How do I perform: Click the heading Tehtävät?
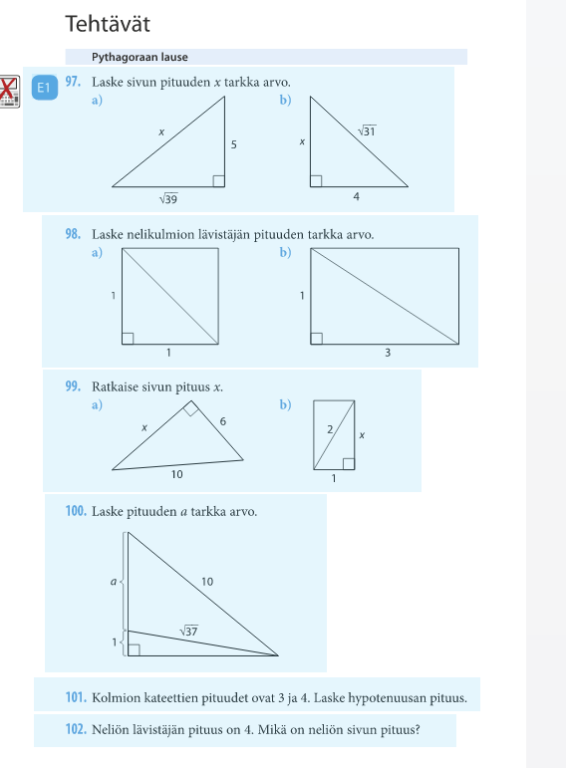pyautogui.click(x=108, y=24)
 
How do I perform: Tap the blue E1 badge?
pyautogui.click(x=45, y=88)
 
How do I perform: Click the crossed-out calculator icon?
pyautogui.click(x=9, y=92)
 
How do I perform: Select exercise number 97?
pyautogui.click(x=73, y=82)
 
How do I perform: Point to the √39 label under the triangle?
pyautogui.click(x=168, y=199)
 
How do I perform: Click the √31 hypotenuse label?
pyautogui.click(x=367, y=130)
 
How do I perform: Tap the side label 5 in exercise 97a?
pyautogui.click(x=234, y=144)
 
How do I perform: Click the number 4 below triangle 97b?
pyautogui.click(x=357, y=196)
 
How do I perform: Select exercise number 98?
pyautogui.click(x=73, y=234)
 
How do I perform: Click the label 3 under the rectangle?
pyautogui.click(x=388, y=353)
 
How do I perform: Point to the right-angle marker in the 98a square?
pyautogui.click(x=128, y=339)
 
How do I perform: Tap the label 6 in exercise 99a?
pyautogui.click(x=223, y=421)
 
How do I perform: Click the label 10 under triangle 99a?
pyautogui.click(x=177, y=474)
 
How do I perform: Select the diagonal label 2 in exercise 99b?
pyautogui.click(x=330, y=429)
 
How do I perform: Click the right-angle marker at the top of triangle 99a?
pyautogui.click(x=190, y=408)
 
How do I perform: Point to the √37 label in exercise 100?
pyautogui.click(x=188, y=631)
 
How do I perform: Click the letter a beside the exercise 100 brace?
pyautogui.click(x=114, y=582)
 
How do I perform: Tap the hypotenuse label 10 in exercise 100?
pyautogui.click(x=207, y=582)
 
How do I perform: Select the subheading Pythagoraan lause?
pyautogui.click(x=140, y=58)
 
